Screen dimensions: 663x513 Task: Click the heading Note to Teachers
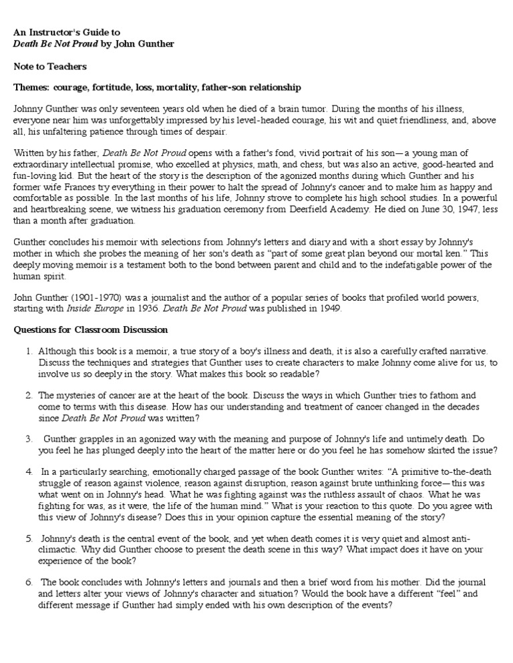point(50,67)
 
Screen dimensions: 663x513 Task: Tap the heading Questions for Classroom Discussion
point(91,330)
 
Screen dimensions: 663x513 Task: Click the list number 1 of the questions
point(29,351)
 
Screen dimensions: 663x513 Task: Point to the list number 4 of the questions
point(29,471)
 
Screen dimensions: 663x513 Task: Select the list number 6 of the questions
point(29,582)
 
